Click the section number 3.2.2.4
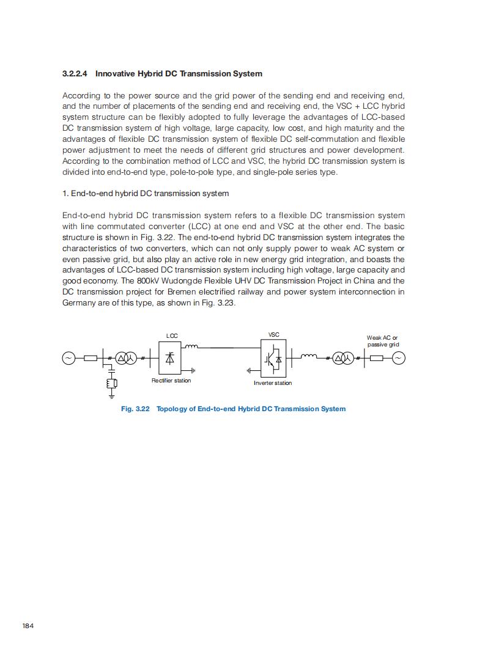(x=75, y=74)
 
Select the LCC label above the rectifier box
(x=172, y=336)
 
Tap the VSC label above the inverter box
(x=274, y=335)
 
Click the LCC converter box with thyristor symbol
(x=170, y=358)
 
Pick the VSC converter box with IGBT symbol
(x=274, y=359)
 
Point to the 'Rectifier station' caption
(x=171, y=381)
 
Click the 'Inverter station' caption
(x=273, y=383)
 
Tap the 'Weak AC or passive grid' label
(x=383, y=341)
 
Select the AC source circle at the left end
(x=68, y=358)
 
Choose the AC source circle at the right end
(x=398, y=358)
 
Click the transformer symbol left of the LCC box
(x=127, y=358)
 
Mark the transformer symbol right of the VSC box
(x=343, y=358)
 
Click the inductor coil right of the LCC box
(x=192, y=347)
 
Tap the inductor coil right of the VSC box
(x=309, y=356)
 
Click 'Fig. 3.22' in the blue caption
(x=135, y=409)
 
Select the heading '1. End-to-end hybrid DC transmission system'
(x=146, y=194)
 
